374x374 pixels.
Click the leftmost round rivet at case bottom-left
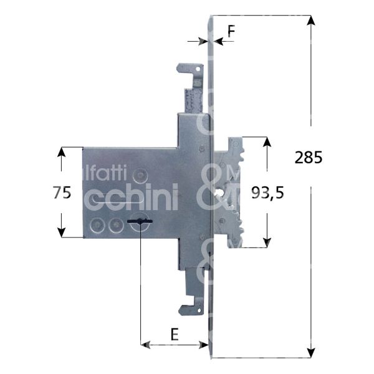pyautogui.click(x=96, y=226)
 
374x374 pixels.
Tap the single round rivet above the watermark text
pyautogui.click(x=142, y=176)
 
